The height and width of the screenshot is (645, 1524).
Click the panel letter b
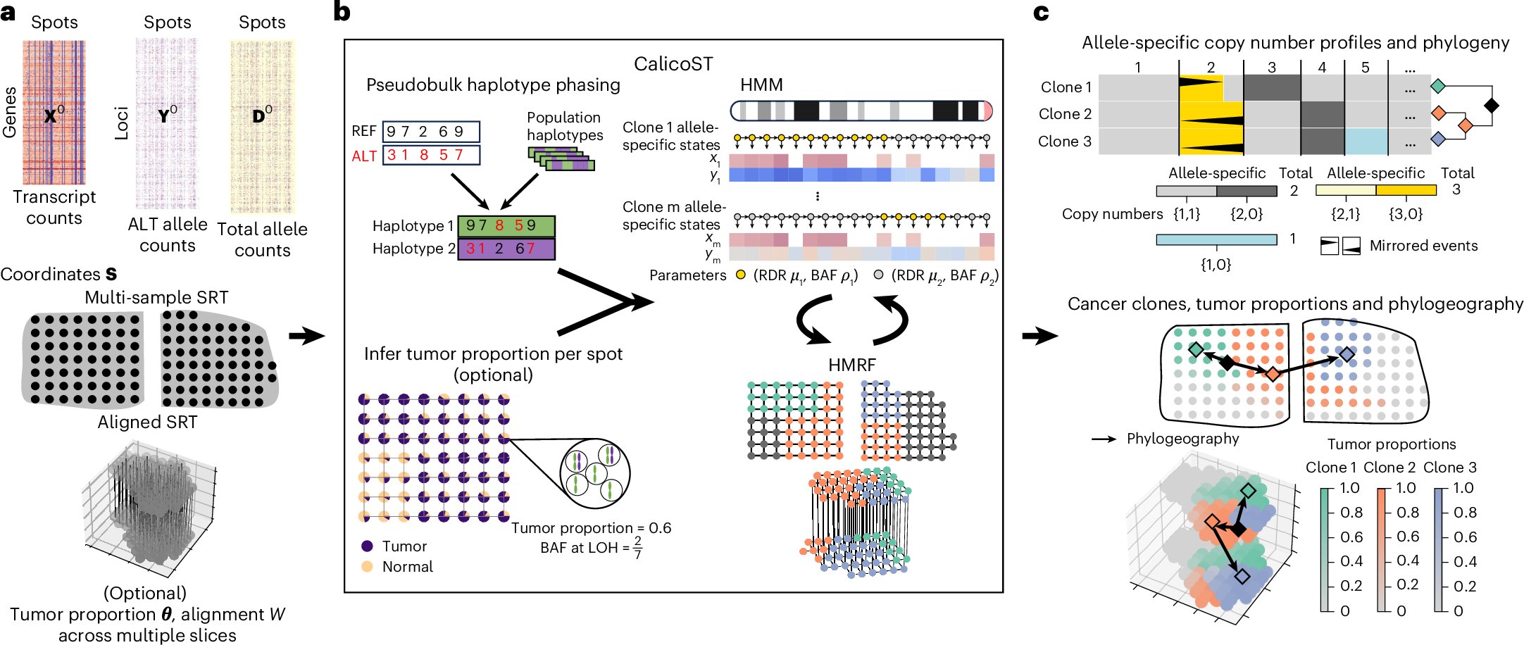pos(342,12)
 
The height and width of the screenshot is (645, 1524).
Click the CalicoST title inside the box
pos(673,64)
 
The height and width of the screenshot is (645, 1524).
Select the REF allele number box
pos(431,132)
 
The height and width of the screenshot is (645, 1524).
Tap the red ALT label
pos(364,156)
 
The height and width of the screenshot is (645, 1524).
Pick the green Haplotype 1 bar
pos(506,226)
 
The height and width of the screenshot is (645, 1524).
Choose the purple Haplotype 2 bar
pos(506,249)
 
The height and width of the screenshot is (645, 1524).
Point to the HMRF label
pos(851,365)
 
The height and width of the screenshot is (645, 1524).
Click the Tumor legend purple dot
pos(367,546)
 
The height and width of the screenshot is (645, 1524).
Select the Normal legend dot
pos(367,566)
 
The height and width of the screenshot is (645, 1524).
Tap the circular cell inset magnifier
pos(595,474)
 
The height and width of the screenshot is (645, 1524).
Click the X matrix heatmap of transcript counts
pos(54,113)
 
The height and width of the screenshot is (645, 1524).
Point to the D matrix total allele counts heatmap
pos(262,127)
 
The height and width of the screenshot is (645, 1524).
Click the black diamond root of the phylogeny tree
pos(1491,106)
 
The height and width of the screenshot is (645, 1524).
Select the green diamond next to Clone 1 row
pos(1438,87)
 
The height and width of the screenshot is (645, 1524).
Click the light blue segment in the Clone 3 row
pos(1366,142)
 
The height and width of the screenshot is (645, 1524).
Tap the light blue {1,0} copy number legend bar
pos(1216,240)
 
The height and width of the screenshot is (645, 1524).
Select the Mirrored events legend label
pos(1423,246)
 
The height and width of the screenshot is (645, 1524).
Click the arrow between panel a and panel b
pos(307,336)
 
